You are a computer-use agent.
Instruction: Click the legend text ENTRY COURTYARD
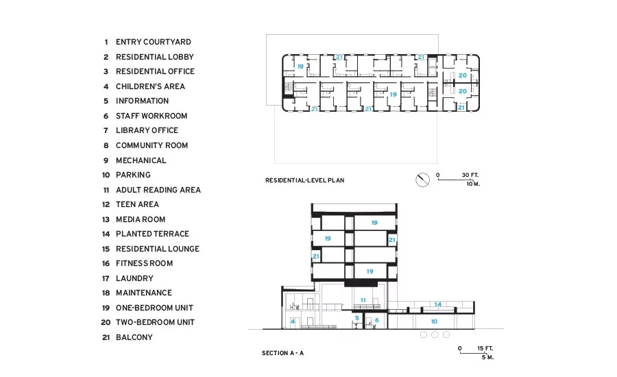(x=153, y=42)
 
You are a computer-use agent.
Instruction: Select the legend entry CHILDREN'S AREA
(x=150, y=86)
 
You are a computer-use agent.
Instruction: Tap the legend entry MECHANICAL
(x=141, y=160)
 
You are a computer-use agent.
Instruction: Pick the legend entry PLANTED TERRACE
(x=152, y=234)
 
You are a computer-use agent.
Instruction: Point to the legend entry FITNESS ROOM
(x=144, y=263)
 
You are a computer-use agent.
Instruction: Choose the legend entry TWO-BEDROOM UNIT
(x=155, y=322)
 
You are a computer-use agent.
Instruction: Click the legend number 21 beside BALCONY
(x=106, y=337)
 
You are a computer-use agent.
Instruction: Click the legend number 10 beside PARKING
(x=106, y=175)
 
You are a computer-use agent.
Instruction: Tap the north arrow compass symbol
(x=422, y=180)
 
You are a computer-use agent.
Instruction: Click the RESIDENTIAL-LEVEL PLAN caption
(x=304, y=180)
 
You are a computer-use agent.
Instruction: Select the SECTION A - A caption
(x=282, y=353)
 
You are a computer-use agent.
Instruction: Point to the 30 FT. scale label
(x=470, y=175)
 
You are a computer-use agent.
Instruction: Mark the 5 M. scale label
(x=487, y=357)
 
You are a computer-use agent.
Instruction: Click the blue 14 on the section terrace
(x=438, y=304)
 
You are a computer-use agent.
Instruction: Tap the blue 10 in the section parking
(x=434, y=321)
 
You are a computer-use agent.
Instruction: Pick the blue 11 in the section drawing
(x=363, y=300)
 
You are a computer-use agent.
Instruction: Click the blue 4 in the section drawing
(x=293, y=321)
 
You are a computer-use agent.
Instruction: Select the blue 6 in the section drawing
(x=376, y=320)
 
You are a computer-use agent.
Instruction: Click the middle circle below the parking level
(x=435, y=335)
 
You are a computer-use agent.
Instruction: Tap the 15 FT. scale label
(x=485, y=348)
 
